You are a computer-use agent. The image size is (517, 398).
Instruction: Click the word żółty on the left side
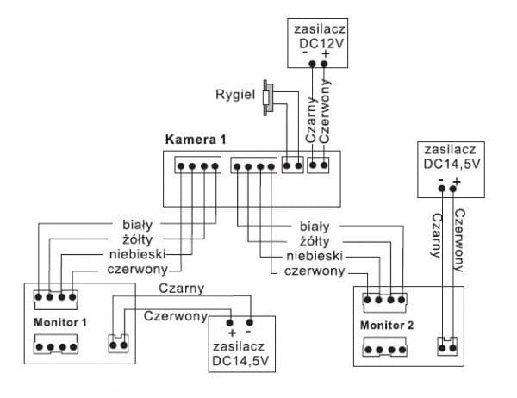(135, 239)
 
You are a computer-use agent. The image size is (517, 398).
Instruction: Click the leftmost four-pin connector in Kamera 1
(192, 165)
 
